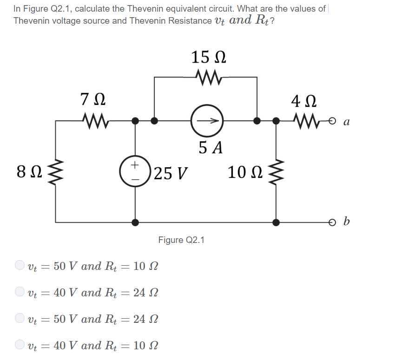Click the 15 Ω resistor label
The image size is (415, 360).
tap(209, 58)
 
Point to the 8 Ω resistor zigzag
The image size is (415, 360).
tap(56, 171)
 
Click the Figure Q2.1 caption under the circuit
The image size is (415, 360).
tap(181, 240)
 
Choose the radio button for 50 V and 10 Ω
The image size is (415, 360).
tap(20, 266)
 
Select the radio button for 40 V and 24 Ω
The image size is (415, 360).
tap(20, 292)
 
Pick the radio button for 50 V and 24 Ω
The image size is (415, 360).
tap(20, 319)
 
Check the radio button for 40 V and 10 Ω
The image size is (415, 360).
tap(20, 345)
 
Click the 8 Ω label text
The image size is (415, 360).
tap(26, 172)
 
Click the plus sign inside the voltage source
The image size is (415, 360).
tap(135, 164)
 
